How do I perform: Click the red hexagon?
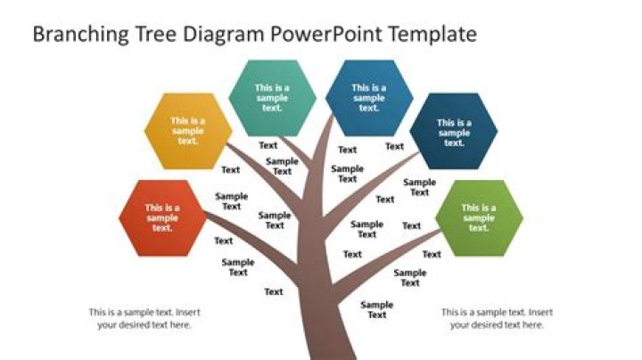[x=162, y=218]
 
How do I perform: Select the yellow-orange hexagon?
[x=188, y=131]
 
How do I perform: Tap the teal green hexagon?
[x=272, y=98]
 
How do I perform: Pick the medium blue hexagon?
[x=369, y=98]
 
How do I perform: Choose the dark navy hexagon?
[x=454, y=131]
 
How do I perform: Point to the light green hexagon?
[x=479, y=218]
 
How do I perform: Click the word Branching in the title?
[x=80, y=35]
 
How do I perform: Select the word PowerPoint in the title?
[x=326, y=34]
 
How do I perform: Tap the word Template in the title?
[x=432, y=35]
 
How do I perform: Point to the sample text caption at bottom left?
[x=144, y=318]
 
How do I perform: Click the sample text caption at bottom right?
[x=497, y=318]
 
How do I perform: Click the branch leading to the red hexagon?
[x=251, y=242]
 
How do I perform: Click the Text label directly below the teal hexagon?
[x=268, y=145]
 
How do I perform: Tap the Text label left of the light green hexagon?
[x=411, y=225]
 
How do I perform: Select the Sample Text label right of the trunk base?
[x=376, y=310]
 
